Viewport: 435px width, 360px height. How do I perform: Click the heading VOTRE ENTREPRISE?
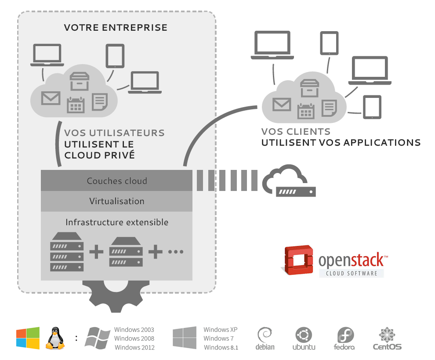(x=116, y=28)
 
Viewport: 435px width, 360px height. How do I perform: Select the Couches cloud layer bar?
(x=116, y=181)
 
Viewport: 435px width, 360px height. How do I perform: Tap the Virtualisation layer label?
(x=116, y=202)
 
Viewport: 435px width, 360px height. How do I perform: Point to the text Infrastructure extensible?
(x=116, y=223)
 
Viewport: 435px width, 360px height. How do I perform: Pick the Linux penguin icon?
(x=55, y=338)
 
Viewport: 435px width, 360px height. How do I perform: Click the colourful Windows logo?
(x=28, y=338)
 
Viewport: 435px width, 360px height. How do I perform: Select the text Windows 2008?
(x=134, y=338)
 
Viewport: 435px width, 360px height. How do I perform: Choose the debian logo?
(x=265, y=338)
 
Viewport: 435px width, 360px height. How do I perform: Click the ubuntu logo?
(x=304, y=338)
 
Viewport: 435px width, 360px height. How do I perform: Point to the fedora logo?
(x=344, y=338)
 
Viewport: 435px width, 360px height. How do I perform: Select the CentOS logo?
(x=387, y=338)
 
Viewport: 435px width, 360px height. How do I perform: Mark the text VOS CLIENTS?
(x=295, y=132)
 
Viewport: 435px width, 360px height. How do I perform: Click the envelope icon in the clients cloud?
(x=282, y=104)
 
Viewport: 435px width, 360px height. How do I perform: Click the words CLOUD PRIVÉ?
(x=99, y=155)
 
